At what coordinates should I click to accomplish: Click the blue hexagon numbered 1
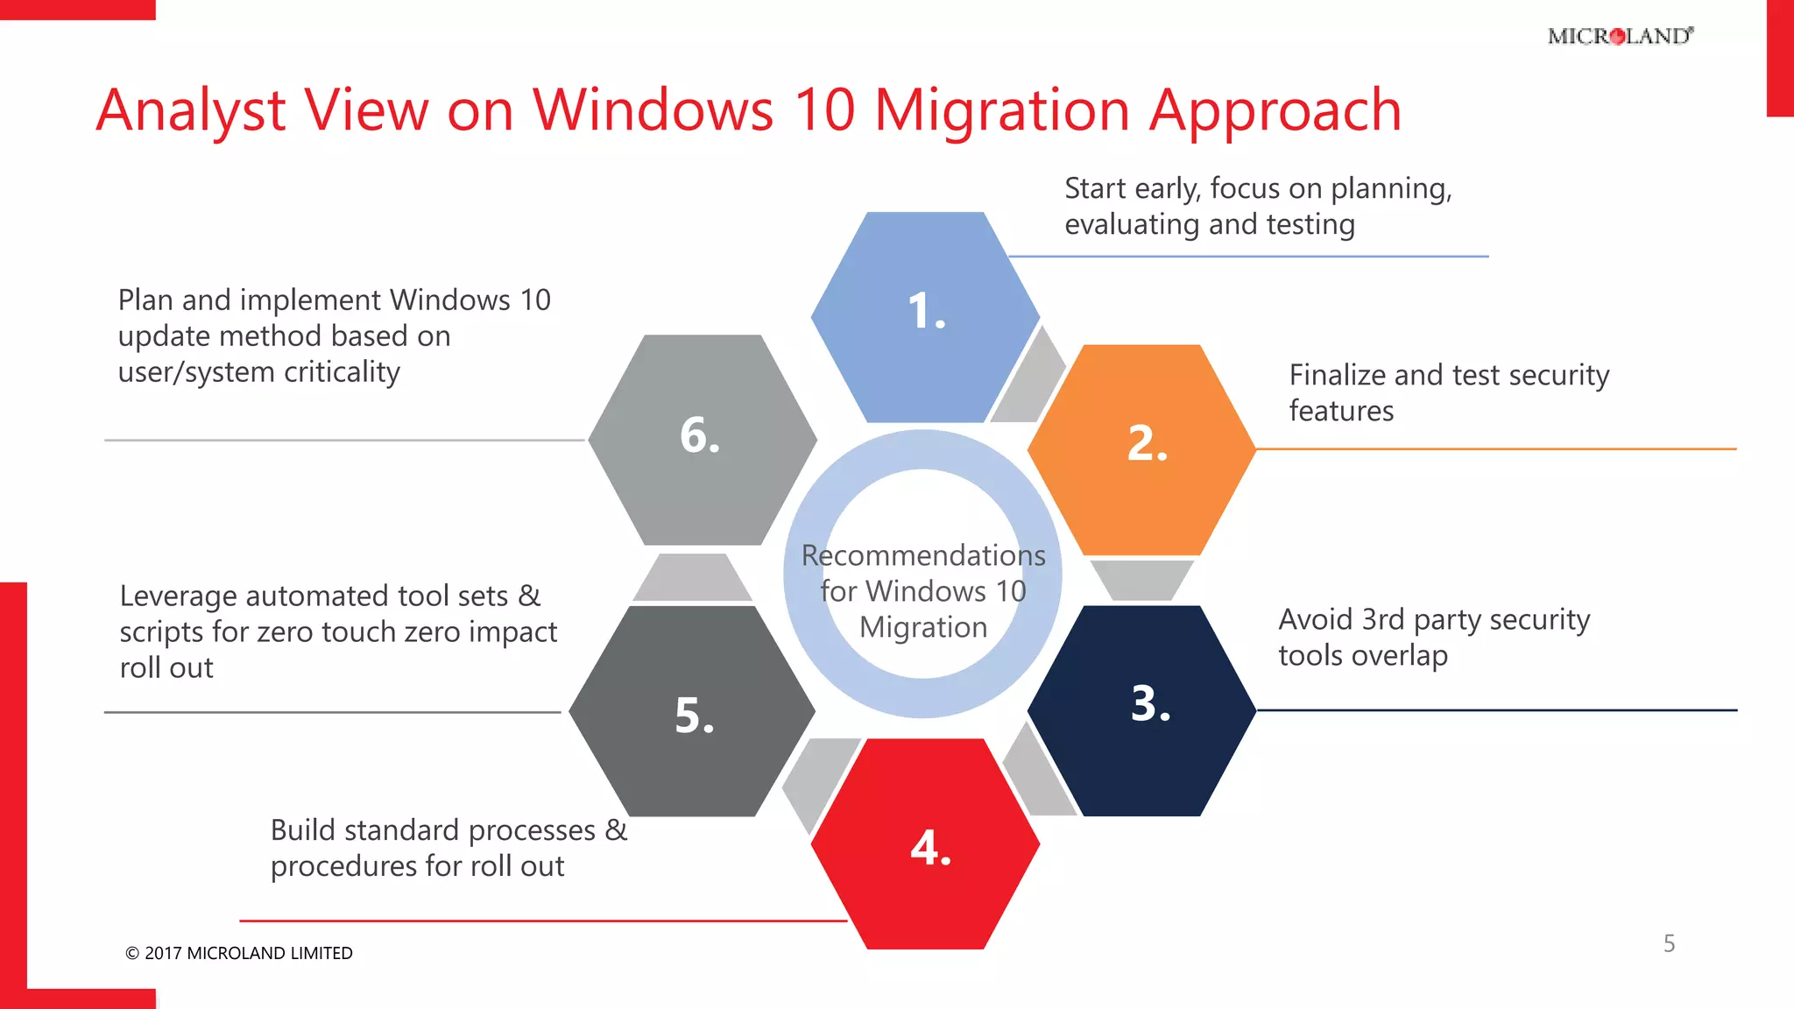point(925,317)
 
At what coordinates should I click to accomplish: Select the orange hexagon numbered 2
point(1141,449)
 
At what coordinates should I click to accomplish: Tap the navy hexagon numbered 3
point(1141,710)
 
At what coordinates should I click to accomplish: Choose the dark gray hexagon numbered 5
point(692,711)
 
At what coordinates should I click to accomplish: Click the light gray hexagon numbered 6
point(702,440)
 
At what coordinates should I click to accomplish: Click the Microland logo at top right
point(1620,36)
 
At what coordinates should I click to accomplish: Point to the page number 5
point(1669,943)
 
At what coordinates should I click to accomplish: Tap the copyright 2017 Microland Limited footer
point(238,953)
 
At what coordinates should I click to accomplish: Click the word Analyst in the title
point(191,111)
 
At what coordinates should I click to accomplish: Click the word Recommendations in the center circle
point(923,555)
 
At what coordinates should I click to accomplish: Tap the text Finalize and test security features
point(1448,392)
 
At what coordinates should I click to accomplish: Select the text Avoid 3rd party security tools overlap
point(1433,637)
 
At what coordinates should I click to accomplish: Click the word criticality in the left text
point(342,372)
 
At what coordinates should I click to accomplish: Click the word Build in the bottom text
point(303,829)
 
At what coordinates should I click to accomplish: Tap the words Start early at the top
point(1132,188)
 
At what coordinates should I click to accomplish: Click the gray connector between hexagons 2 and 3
point(1141,579)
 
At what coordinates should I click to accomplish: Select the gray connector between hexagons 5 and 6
point(692,578)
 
